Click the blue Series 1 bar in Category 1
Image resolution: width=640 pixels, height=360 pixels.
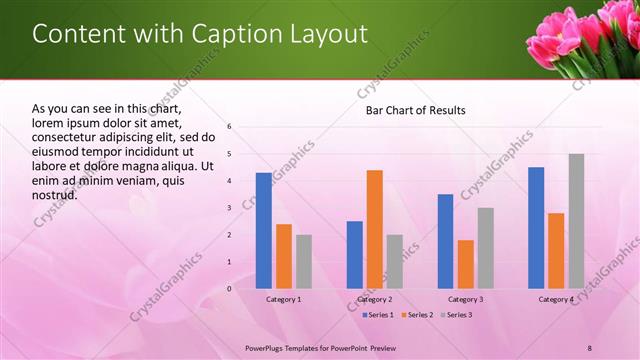(264, 231)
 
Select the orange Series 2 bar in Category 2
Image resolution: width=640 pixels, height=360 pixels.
(375, 229)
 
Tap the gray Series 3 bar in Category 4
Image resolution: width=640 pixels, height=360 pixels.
(576, 221)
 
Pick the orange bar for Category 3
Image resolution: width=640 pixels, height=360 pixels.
(465, 264)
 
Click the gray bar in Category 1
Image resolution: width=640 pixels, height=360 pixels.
(304, 262)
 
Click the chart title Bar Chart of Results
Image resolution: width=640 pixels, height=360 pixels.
(415, 110)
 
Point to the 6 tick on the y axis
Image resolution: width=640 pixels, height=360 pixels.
(229, 127)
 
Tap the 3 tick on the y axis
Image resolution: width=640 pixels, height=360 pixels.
(229, 208)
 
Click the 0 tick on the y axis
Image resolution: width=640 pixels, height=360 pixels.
(229, 289)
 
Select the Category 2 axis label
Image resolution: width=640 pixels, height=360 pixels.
(375, 299)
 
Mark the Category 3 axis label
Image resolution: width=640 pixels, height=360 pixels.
(465, 299)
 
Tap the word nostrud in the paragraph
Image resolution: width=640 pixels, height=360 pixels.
(55, 195)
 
